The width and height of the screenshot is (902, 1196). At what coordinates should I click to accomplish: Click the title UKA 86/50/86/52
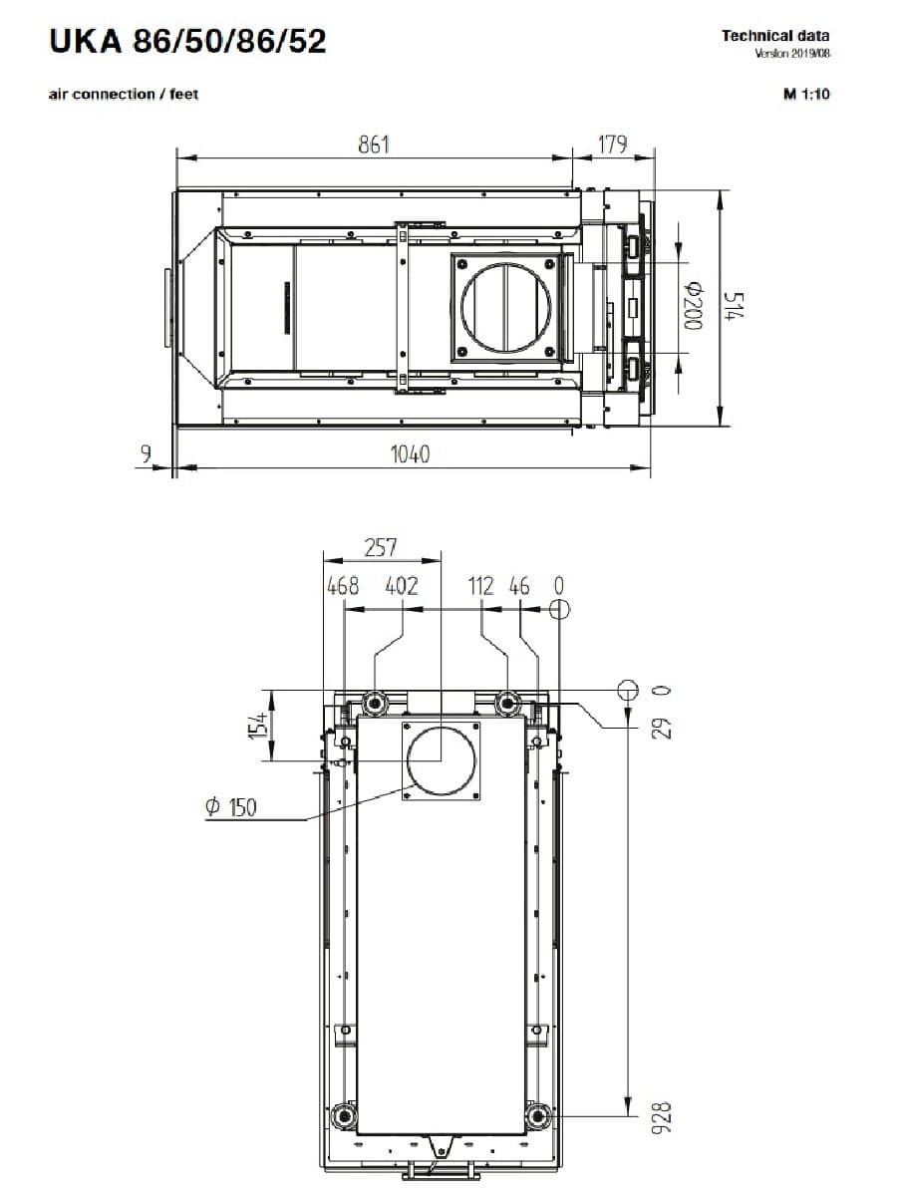coord(186,42)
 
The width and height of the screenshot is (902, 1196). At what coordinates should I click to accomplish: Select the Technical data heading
coord(775,36)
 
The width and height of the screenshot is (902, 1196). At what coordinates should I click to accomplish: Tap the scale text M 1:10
coord(806,95)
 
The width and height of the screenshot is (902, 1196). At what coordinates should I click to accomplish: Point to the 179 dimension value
coord(612,145)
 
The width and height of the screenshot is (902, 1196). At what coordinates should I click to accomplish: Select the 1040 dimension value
coord(410,454)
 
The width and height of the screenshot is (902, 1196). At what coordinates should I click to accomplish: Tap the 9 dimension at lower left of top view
coord(146,454)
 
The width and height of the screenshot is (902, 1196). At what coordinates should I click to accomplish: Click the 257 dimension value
coord(381,547)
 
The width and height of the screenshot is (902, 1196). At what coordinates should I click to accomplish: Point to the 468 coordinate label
coord(343,586)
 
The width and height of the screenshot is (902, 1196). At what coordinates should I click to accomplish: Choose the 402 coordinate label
coord(402,586)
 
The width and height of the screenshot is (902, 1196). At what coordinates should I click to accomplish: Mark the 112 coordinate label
coord(481,586)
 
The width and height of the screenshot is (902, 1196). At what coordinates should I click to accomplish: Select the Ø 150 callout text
coord(230,807)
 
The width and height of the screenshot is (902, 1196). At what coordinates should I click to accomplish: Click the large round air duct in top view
coord(505,309)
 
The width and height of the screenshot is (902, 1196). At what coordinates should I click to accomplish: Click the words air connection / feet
coord(124,95)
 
